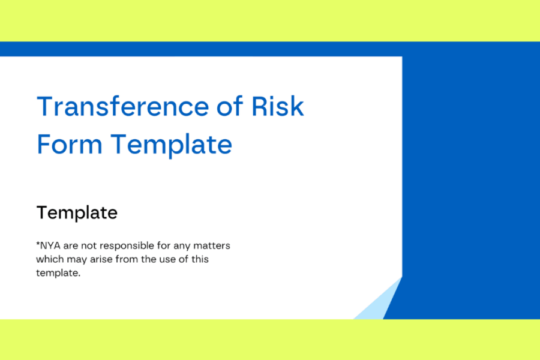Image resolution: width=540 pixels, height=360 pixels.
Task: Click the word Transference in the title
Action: coord(122,106)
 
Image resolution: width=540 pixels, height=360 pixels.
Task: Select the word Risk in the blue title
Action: coord(278,106)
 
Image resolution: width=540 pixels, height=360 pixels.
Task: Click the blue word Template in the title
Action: coord(171,145)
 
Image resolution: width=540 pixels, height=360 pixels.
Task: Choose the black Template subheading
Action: coord(77,212)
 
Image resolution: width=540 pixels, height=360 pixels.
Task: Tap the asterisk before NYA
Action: coord(38,244)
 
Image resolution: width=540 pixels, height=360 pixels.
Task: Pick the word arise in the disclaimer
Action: coord(101,259)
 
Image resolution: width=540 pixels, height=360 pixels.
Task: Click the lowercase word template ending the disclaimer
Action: coord(58,273)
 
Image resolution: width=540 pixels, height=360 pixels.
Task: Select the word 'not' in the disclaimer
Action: coord(89,246)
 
